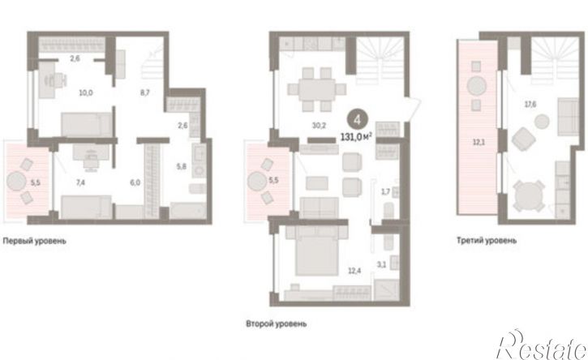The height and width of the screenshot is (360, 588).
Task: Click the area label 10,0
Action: (86, 92)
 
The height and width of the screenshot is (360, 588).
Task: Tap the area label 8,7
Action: (145, 92)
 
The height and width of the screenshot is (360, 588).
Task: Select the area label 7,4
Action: (80, 183)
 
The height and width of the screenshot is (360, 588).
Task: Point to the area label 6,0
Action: (135, 182)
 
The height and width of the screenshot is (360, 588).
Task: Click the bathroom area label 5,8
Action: (182, 166)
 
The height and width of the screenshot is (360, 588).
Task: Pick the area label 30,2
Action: (319, 126)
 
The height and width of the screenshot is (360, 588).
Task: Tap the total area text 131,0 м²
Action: (356, 137)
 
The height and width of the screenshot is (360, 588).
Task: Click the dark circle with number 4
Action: (358, 120)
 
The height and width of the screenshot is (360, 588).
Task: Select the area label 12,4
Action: (354, 270)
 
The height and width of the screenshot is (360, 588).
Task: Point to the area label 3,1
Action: (381, 265)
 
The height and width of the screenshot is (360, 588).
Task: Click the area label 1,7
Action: (385, 192)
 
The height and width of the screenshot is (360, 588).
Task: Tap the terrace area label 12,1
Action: (479, 143)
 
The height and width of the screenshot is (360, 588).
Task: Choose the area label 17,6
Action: (530, 105)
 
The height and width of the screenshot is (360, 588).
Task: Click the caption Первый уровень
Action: (35, 241)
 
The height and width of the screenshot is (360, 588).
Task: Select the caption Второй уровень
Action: (277, 324)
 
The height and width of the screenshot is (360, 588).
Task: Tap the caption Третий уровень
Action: (487, 240)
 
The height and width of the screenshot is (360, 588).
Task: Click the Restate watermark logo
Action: (541, 345)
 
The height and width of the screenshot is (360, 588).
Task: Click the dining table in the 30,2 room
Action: (317, 90)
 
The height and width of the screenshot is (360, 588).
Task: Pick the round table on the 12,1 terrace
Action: (477, 86)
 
